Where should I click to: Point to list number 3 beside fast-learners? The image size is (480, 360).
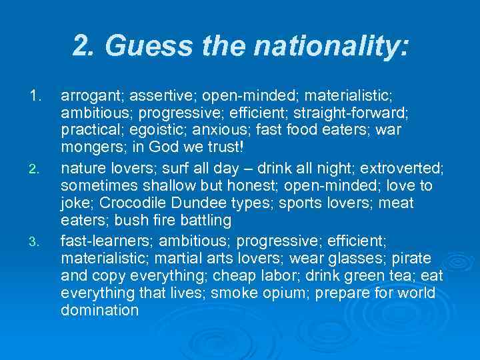click(x=36, y=241)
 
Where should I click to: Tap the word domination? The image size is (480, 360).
click(x=99, y=310)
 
